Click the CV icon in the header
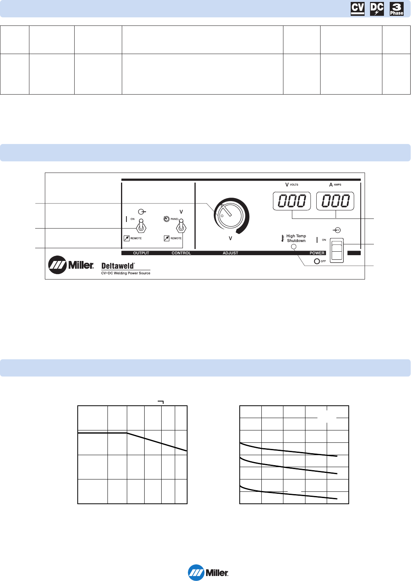click(358, 9)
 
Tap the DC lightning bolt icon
click(377, 9)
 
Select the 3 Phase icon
click(397, 9)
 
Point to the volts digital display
click(292, 201)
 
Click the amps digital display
click(335, 201)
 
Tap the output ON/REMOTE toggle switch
click(142, 226)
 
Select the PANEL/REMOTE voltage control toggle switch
click(181, 226)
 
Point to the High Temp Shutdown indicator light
click(293, 247)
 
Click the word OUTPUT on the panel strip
click(141, 253)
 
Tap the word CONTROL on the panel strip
click(181, 253)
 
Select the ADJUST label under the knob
click(230, 253)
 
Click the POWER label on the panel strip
click(317, 253)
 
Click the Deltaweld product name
click(118, 266)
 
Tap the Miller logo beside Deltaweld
click(71, 265)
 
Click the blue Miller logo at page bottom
click(208, 573)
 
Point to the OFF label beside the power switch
click(323, 261)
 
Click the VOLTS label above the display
click(294, 185)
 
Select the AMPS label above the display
click(338, 185)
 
